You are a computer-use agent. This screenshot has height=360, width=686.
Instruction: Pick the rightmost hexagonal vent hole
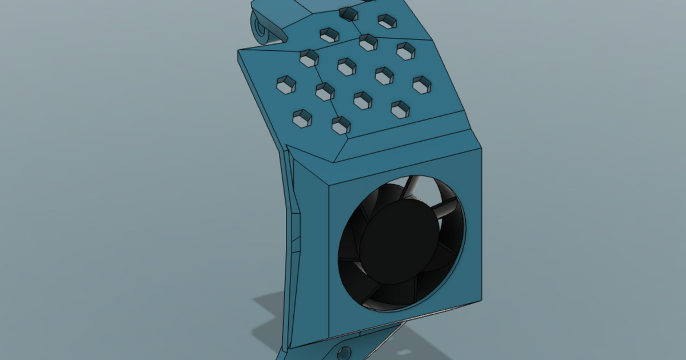(x=422, y=85)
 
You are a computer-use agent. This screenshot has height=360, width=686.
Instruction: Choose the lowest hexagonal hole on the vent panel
(x=341, y=125)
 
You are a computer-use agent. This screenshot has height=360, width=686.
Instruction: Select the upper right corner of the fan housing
(x=479, y=150)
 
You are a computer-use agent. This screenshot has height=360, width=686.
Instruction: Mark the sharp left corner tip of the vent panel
(x=238, y=51)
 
